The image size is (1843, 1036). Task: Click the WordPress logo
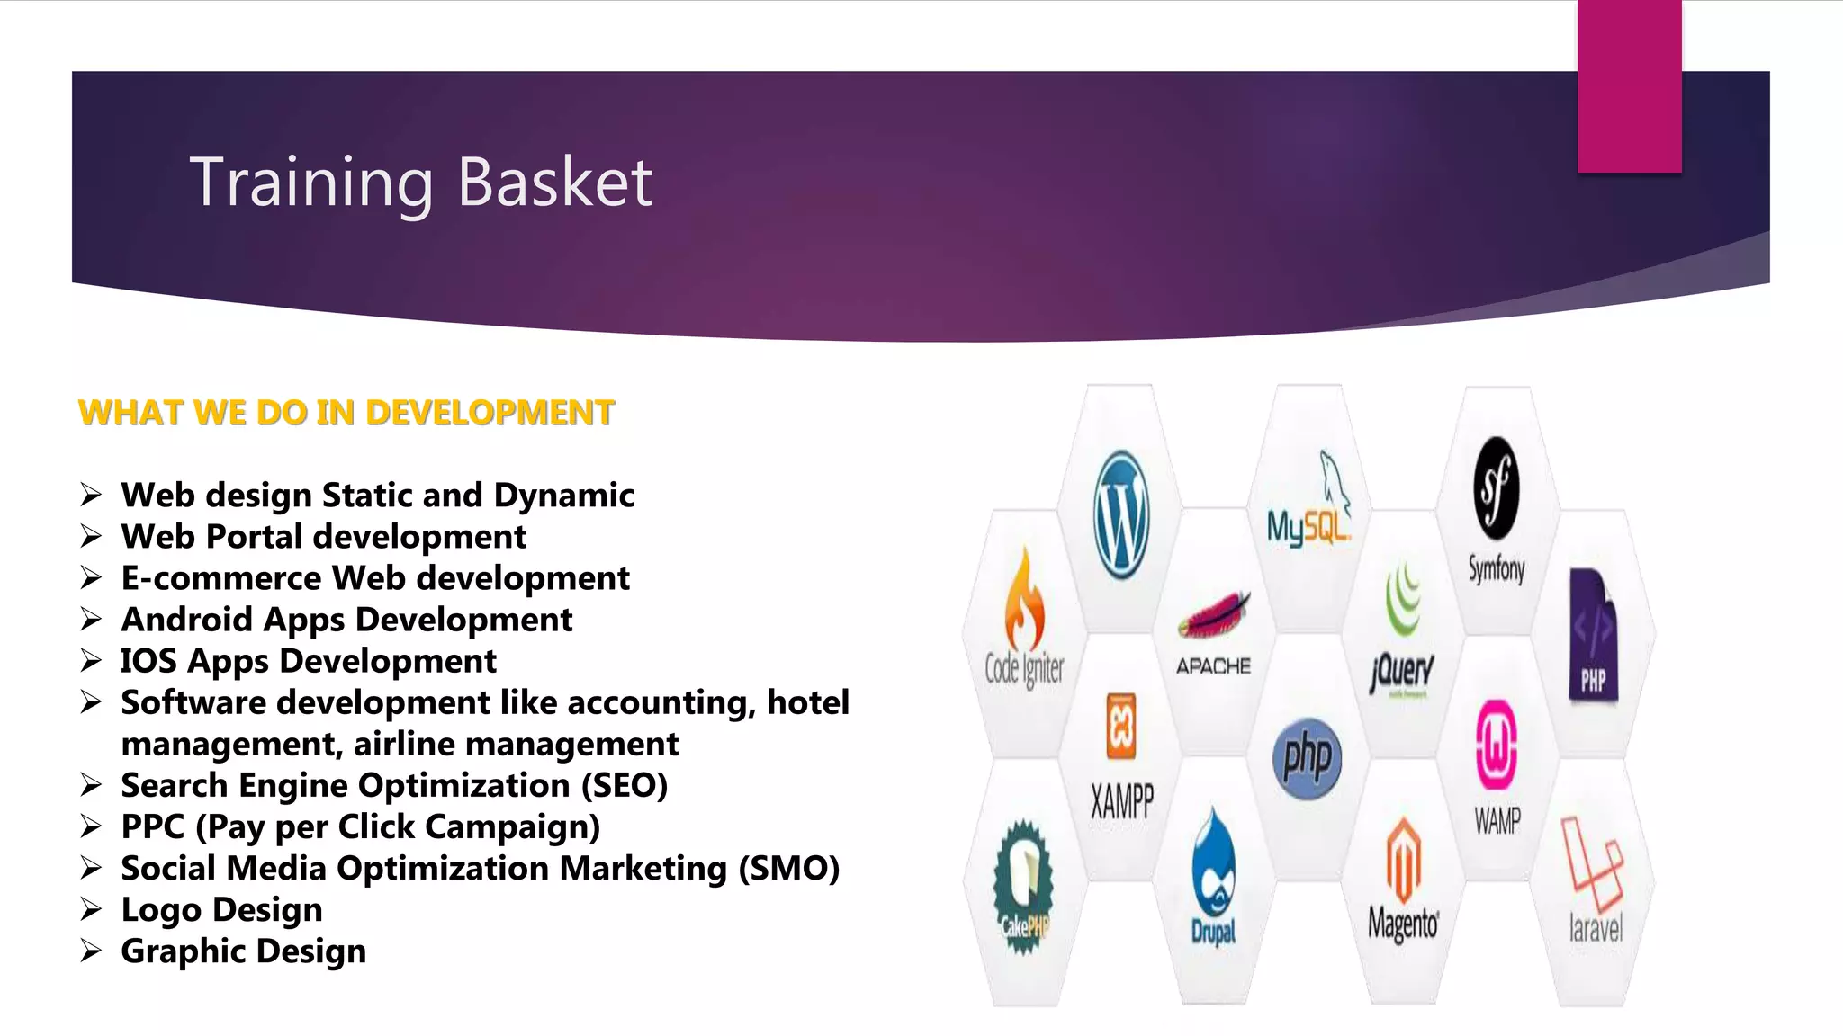tap(1121, 514)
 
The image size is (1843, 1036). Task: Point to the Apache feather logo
tap(1214, 614)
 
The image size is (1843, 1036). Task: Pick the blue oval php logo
tap(1308, 758)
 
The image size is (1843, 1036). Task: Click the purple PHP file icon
tap(1593, 635)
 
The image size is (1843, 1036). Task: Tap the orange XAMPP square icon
tap(1121, 727)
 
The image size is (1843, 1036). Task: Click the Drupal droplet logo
tap(1214, 863)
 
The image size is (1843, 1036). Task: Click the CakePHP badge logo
tap(1023, 885)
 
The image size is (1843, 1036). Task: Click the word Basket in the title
tap(554, 183)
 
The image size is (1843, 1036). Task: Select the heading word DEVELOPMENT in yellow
tap(490, 413)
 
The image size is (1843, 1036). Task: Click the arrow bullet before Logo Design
tap(91, 909)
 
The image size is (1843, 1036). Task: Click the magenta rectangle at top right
tap(1629, 86)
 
